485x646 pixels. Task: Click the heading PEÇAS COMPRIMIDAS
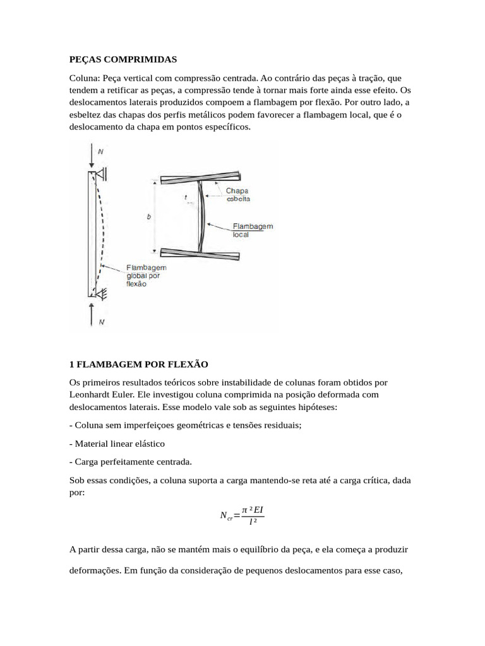(x=123, y=59)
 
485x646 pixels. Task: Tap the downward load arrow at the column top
(x=92, y=155)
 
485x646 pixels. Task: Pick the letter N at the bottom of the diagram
(x=102, y=322)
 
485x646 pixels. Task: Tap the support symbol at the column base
(x=100, y=292)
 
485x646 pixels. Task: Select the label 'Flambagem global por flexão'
(x=147, y=275)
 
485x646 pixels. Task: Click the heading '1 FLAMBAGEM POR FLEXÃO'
(x=138, y=365)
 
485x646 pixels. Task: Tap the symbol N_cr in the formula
(x=226, y=516)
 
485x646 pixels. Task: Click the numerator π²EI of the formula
(x=253, y=508)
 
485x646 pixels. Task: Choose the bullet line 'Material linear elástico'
(x=117, y=443)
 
